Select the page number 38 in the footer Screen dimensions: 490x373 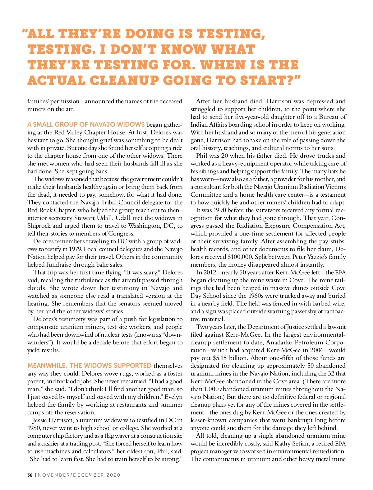pyautogui.click(x=30, y=475)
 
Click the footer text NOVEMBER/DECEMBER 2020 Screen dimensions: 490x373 pyautogui.click(x=79, y=475)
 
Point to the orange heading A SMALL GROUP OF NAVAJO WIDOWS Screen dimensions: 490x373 pyautogui.click(x=86, y=125)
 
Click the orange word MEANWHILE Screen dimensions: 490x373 pyautogui.click(x=47, y=366)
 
